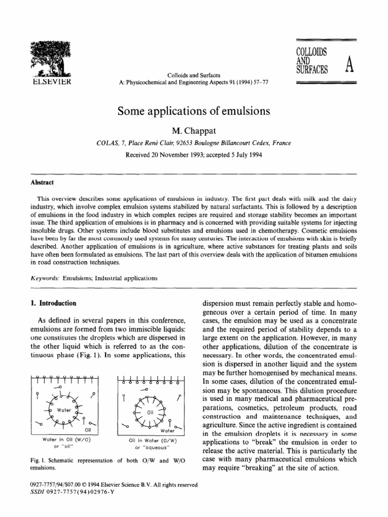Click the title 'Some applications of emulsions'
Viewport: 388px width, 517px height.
point(194,111)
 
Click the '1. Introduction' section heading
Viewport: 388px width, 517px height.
point(55,303)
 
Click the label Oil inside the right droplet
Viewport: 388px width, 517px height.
point(150,412)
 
